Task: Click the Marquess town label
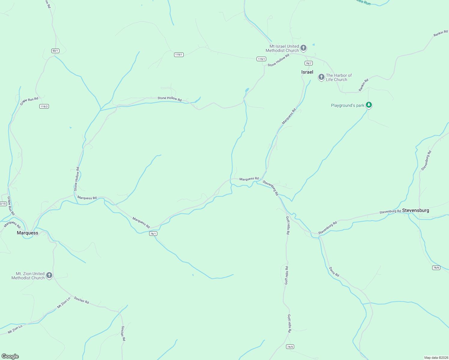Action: point(28,233)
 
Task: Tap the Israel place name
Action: point(307,72)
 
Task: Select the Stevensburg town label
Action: point(415,210)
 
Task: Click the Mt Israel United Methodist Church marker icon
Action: point(303,48)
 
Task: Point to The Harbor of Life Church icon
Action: point(321,77)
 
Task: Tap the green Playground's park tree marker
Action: point(369,105)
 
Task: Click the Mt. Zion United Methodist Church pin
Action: point(49,275)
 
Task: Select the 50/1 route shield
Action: point(55,51)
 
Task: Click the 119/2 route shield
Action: point(44,106)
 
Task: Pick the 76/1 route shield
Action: point(153,234)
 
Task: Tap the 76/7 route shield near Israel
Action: point(309,63)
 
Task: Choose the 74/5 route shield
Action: point(290,347)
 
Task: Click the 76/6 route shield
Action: point(436,268)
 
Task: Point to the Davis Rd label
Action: point(334,272)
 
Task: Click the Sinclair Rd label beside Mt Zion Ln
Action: point(81,300)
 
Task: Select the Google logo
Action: point(10,356)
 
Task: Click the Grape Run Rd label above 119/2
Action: point(29,101)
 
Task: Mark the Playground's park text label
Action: point(347,105)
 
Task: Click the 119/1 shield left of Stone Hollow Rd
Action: point(261,59)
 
